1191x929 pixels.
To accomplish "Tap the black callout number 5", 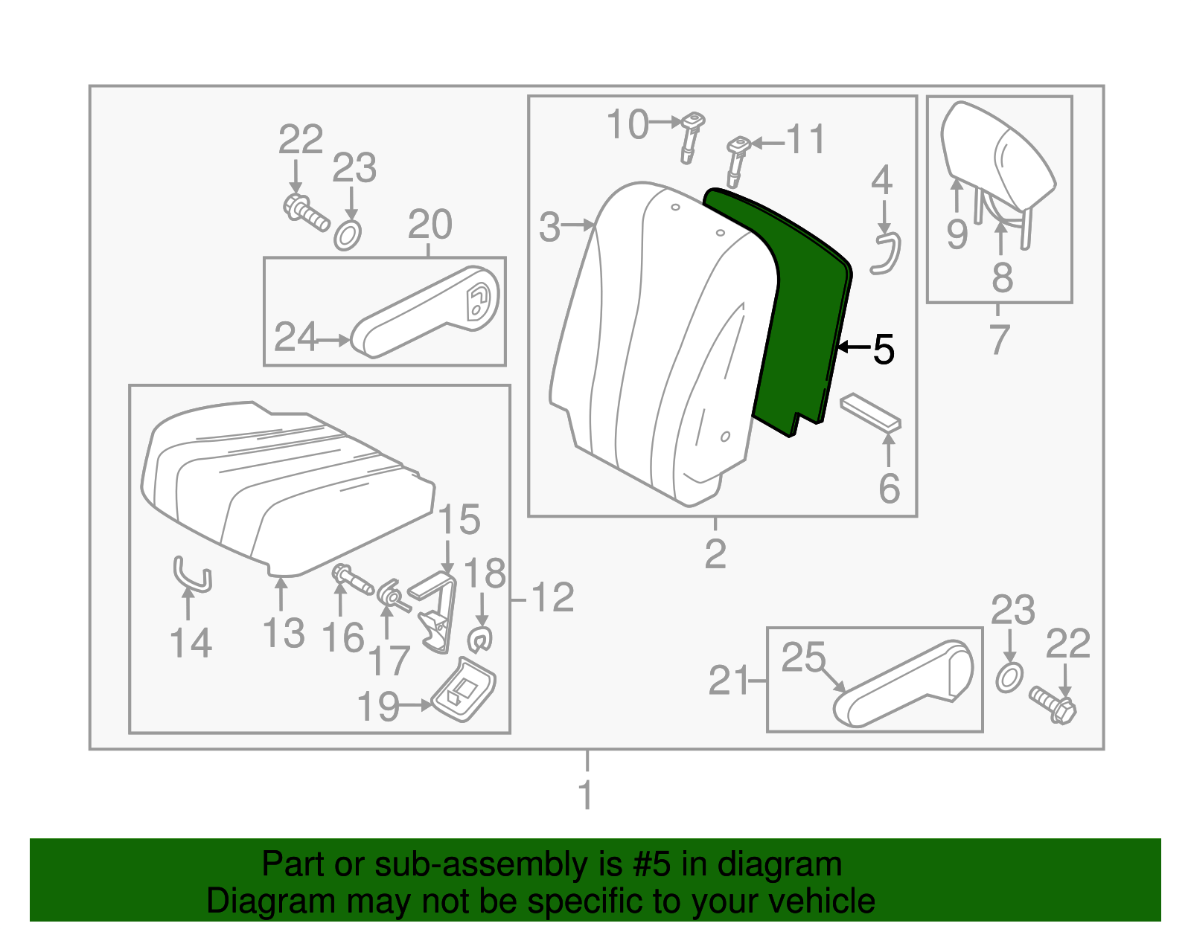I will pyautogui.click(x=883, y=349).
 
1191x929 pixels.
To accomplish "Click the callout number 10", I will pyautogui.click(x=628, y=124).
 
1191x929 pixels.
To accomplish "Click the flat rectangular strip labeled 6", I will pyautogui.click(x=870, y=413).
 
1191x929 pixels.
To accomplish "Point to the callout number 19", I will pyautogui.click(x=378, y=707).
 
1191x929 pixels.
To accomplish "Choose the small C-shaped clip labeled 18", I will pyautogui.click(x=480, y=638).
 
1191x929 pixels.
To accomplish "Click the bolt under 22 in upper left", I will pyautogui.click(x=305, y=212).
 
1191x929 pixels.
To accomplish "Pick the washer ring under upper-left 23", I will pyautogui.click(x=348, y=235).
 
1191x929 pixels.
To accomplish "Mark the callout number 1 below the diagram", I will pyautogui.click(x=587, y=795).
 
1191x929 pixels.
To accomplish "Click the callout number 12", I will pyautogui.click(x=552, y=597).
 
